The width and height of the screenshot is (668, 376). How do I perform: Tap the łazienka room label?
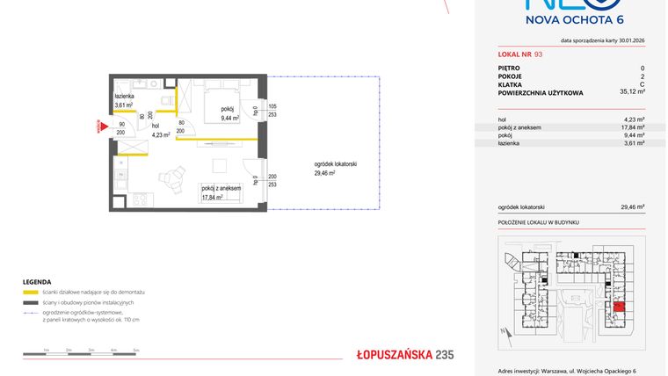(125, 96)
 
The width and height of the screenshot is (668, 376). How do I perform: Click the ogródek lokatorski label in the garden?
(335, 165)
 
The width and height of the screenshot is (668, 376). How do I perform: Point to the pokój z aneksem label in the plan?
(220, 188)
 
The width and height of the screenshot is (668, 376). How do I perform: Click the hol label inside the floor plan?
(156, 127)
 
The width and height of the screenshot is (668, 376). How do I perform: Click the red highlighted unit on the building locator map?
(620, 307)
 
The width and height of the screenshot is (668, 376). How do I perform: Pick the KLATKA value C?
(643, 83)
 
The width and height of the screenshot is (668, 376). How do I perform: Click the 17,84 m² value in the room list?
(633, 127)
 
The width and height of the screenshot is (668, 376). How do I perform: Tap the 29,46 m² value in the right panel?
(633, 207)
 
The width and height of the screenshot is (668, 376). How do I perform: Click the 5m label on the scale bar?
(136, 350)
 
